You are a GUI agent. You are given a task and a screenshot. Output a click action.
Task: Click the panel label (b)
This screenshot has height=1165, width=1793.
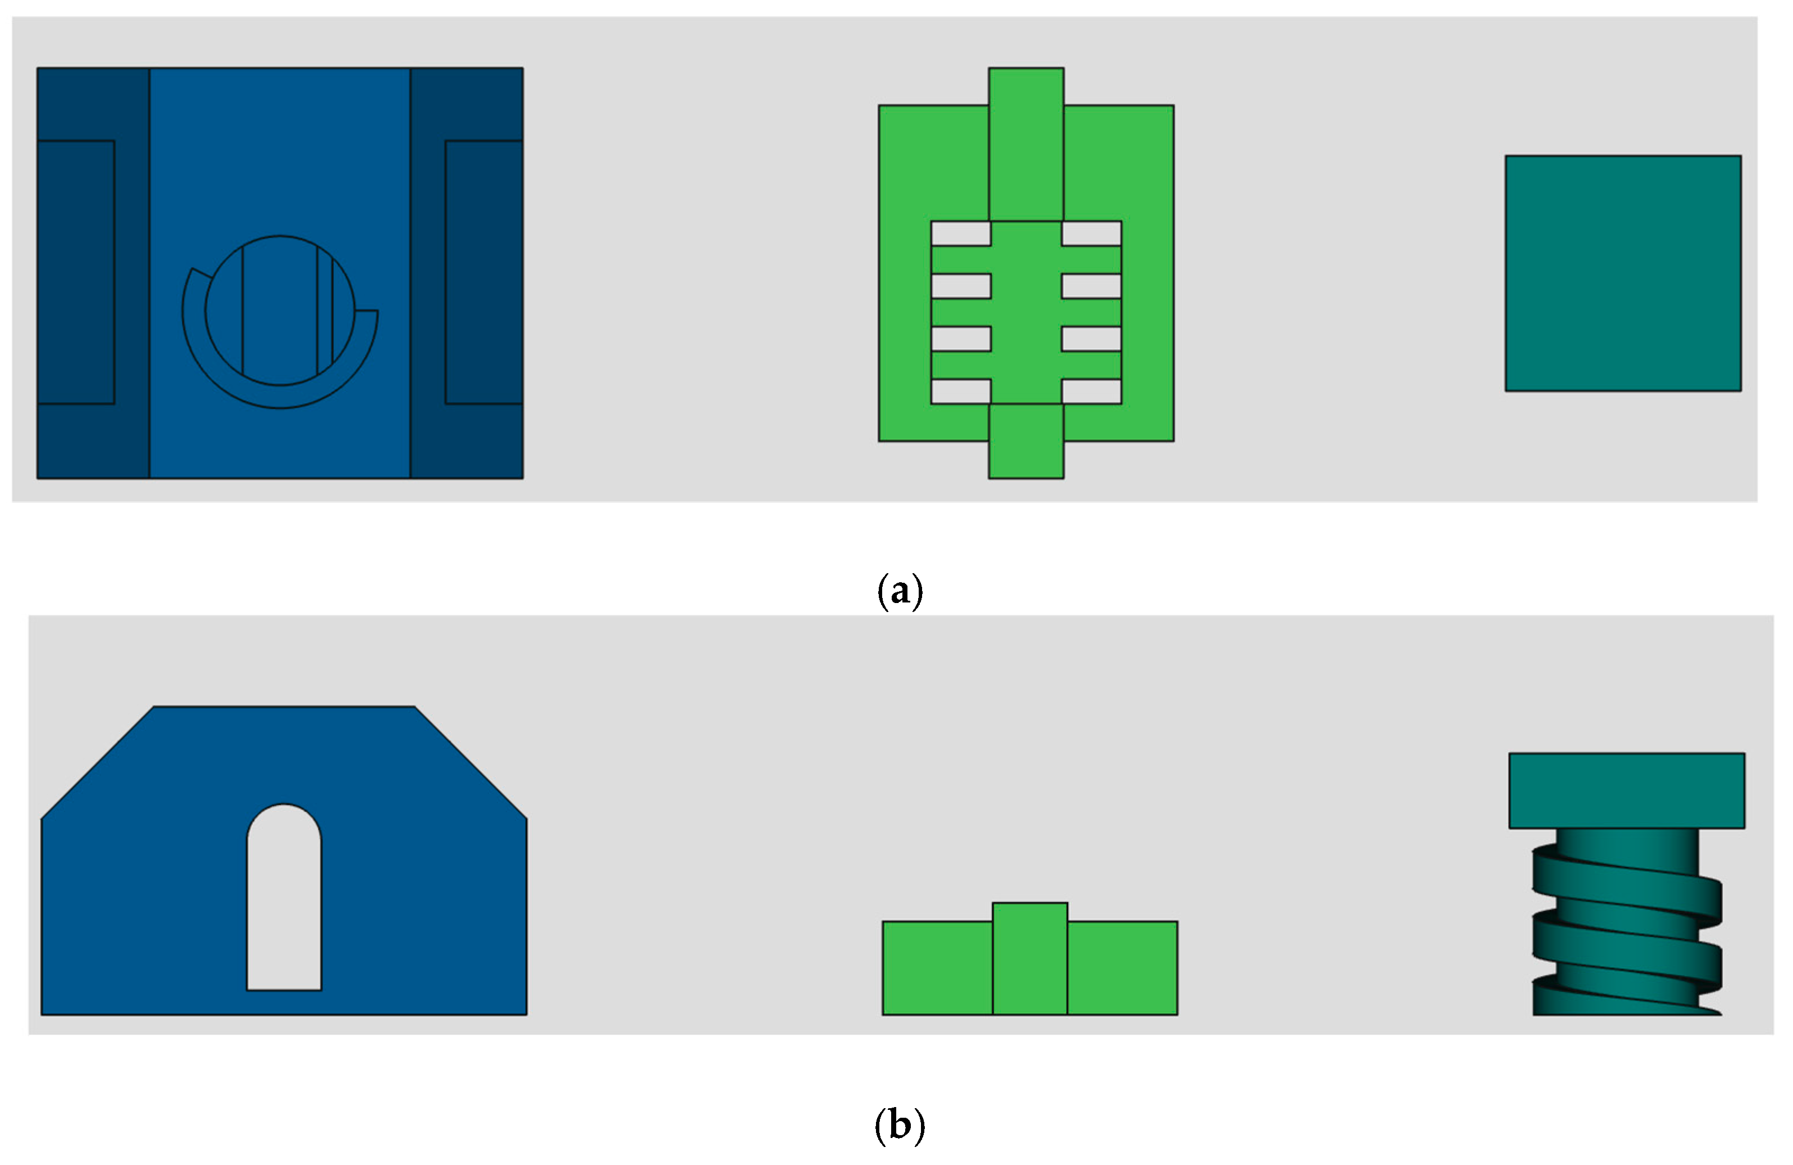[900, 1125]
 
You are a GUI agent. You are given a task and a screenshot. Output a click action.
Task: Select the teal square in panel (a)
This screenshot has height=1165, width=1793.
[1623, 273]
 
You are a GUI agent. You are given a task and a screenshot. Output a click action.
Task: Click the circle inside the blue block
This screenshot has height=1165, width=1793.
[279, 311]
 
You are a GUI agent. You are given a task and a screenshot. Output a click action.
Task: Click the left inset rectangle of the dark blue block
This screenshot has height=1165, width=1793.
[75, 272]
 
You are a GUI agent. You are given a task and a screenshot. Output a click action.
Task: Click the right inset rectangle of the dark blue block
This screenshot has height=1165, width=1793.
[484, 272]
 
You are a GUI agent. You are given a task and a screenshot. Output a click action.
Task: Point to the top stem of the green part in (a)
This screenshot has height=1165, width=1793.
[1026, 143]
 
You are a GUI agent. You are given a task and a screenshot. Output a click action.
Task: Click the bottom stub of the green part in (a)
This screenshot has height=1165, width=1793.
[1026, 441]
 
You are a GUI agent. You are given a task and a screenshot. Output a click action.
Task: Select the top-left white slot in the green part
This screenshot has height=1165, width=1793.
[960, 233]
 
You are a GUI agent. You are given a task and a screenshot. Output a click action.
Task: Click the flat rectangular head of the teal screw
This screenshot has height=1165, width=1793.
[1627, 790]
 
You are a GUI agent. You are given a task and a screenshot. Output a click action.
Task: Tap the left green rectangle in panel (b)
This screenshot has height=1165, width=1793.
[937, 968]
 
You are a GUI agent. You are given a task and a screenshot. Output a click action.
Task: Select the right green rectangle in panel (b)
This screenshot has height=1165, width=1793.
[1122, 968]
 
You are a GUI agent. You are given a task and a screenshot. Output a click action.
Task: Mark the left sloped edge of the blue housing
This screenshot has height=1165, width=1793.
[97, 763]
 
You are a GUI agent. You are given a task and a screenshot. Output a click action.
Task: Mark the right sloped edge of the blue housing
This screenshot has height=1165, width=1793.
[471, 763]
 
